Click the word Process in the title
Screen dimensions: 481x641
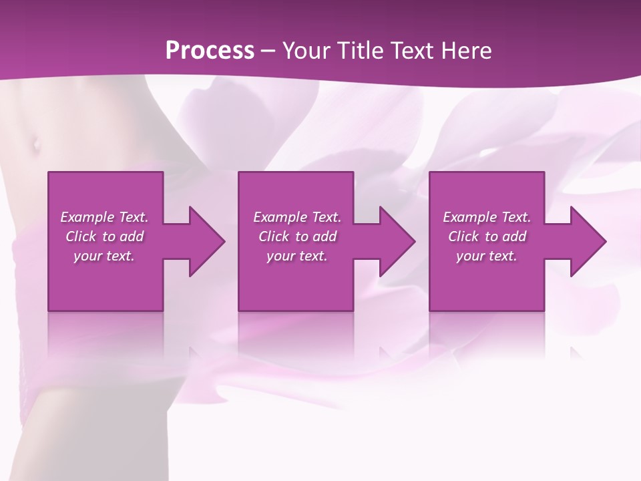point(210,50)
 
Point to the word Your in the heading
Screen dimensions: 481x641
point(304,50)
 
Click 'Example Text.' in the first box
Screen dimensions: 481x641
point(104,217)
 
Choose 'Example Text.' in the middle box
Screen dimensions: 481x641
point(297,217)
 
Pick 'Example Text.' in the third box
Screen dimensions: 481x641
point(487,217)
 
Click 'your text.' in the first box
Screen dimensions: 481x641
point(104,256)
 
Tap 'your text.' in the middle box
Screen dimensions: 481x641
point(297,256)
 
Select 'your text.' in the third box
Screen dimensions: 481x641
point(487,256)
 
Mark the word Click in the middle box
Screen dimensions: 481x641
point(274,236)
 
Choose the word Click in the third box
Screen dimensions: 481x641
point(463,236)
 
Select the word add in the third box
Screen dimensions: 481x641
point(515,236)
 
